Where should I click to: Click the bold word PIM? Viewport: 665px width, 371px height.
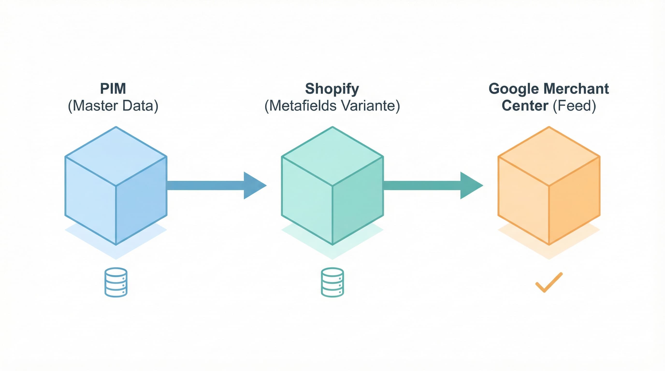point(113,89)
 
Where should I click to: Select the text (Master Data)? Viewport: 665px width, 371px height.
point(113,106)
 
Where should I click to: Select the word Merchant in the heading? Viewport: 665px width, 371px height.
point(576,89)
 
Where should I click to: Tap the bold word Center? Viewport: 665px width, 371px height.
point(525,106)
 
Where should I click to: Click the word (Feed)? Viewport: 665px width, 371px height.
point(574,106)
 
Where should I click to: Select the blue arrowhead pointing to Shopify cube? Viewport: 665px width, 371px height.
point(253,185)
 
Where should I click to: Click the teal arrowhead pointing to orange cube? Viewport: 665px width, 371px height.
point(470,185)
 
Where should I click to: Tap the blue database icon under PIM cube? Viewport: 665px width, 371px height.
point(116,282)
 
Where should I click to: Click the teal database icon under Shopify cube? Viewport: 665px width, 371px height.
point(332,282)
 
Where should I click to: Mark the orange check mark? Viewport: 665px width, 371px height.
point(549,283)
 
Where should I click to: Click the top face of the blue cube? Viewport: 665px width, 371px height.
point(116,156)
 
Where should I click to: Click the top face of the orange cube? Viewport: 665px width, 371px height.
point(549,156)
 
